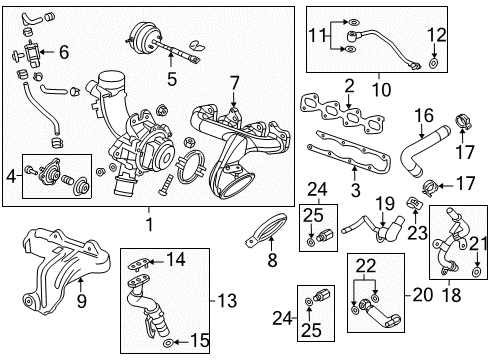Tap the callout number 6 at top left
pos(63,52)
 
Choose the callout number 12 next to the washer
pos(435,35)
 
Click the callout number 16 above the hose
pos(424,115)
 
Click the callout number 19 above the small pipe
pos(383,204)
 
